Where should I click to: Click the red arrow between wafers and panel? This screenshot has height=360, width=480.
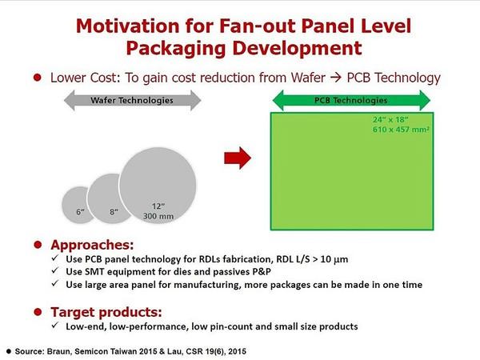pyautogui.click(x=238, y=158)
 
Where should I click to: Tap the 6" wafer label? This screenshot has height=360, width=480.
pyautogui.click(x=80, y=211)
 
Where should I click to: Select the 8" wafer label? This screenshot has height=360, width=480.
pyautogui.click(x=114, y=211)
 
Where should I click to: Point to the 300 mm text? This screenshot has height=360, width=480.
pyautogui.click(x=158, y=216)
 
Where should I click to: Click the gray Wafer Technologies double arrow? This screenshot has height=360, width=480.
pyautogui.click(x=132, y=100)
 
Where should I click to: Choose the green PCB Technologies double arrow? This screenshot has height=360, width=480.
pyautogui.click(x=351, y=100)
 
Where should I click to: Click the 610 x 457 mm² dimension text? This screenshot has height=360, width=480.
pyautogui.click(x=401, y=130)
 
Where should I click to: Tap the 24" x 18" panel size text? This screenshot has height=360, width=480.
pyautogui.click(x=390, y=119)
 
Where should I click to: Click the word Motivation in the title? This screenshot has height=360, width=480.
pyautogui.click(x=128, y=26)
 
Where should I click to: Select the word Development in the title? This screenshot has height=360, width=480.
pyautogui.click(x=297, y=48)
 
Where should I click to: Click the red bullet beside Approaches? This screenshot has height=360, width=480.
pyautogui.click(x=38, y=245)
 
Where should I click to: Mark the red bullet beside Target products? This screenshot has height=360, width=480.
pyautogui.click(x=38, y=312)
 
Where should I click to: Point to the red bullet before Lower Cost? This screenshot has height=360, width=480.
pyautogui.click(x=38, y=78)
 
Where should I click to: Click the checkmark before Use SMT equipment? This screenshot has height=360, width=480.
pyautogui.click(x=54, y=270)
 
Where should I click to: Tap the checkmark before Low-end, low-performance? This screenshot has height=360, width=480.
pyautogui.click(x=54, y=325)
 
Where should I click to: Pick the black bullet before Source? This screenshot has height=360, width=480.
pyautogui.click(x=9, y=351)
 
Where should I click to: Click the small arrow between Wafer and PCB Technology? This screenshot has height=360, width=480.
pyautogui.click(x=336, y=78)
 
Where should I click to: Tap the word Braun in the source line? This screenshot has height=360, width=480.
pyautogui.click(x=59, y=351)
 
